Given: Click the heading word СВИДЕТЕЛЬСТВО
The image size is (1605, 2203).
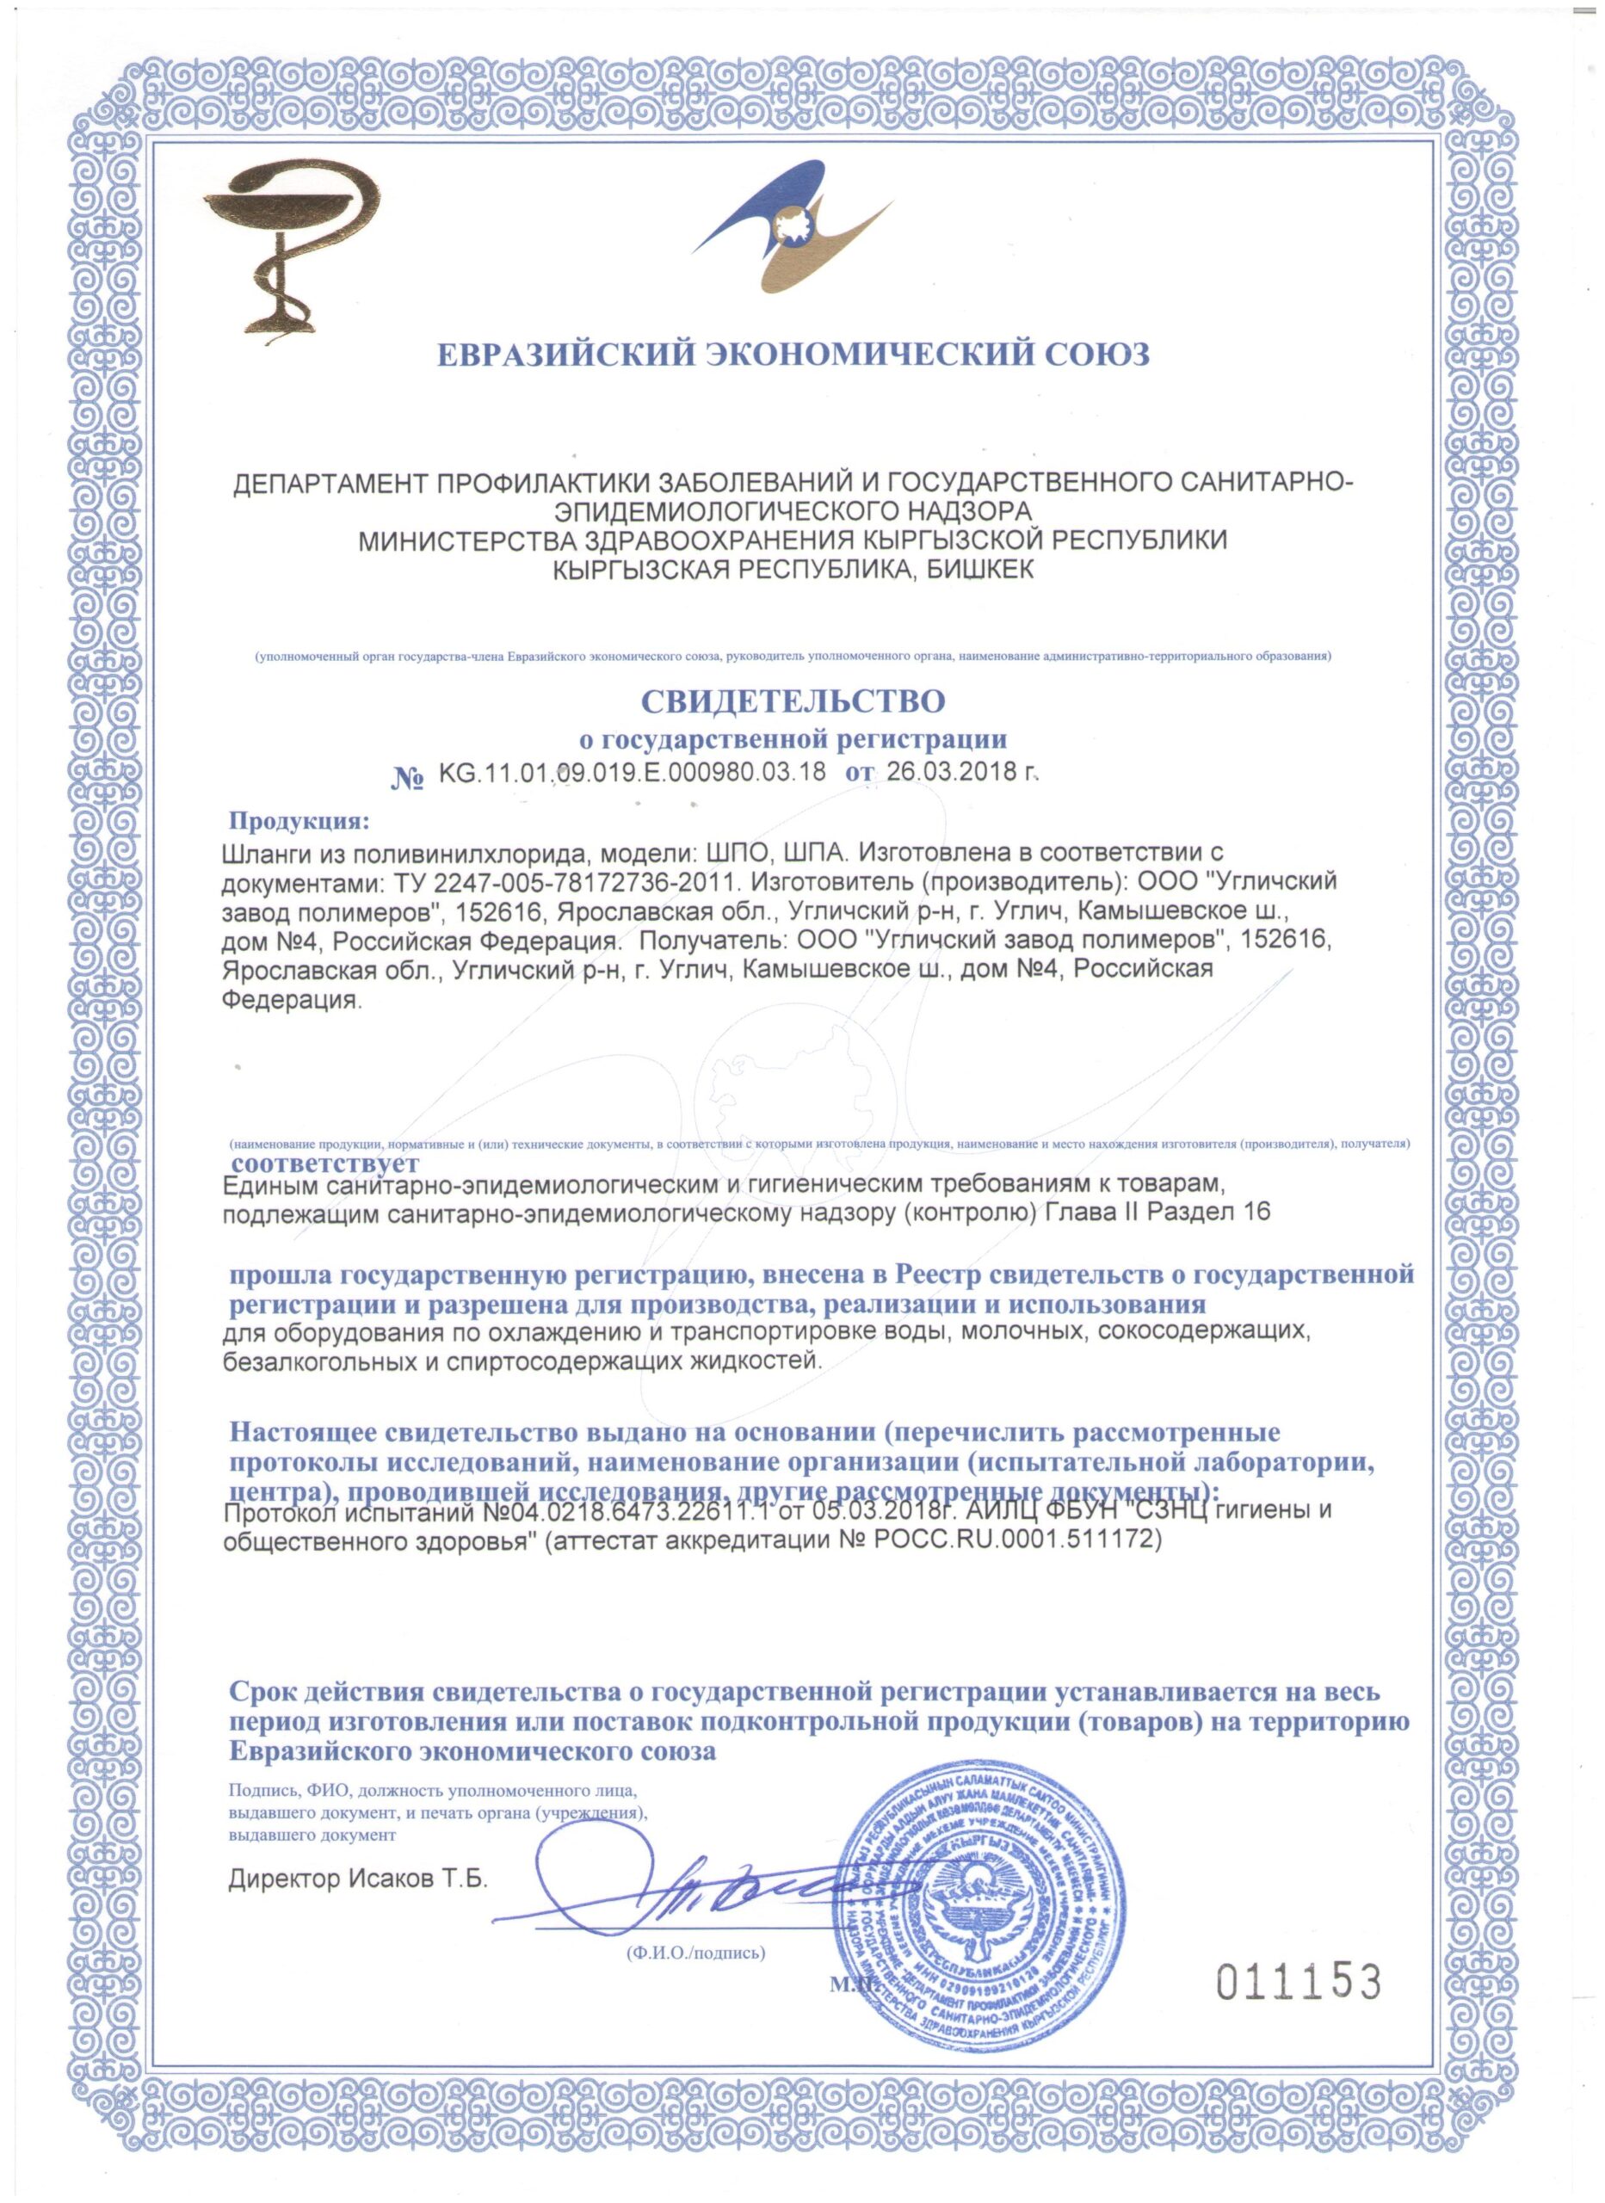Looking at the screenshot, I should pos(792,700).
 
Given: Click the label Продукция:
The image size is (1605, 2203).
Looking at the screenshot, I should pos(299,822).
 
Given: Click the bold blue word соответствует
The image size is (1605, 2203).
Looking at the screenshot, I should pos(324,1163).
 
